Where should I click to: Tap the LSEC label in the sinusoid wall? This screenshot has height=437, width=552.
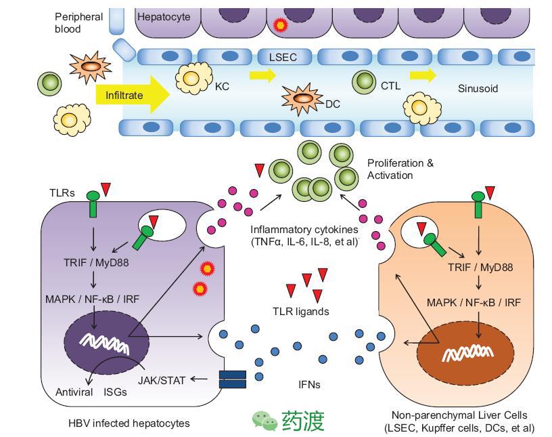pos(283,58)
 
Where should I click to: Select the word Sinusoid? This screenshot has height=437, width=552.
pos(478,89)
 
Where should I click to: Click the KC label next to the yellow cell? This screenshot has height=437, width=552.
pos(223,87)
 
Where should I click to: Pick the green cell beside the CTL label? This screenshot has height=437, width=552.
pos(364,82)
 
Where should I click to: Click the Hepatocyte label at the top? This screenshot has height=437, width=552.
pos(163,16)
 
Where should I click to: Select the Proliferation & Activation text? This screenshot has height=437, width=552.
pos(400,169)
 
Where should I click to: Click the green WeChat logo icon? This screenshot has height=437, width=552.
pos(264,420)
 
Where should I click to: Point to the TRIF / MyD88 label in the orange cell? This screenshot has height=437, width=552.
pos(480,267)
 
